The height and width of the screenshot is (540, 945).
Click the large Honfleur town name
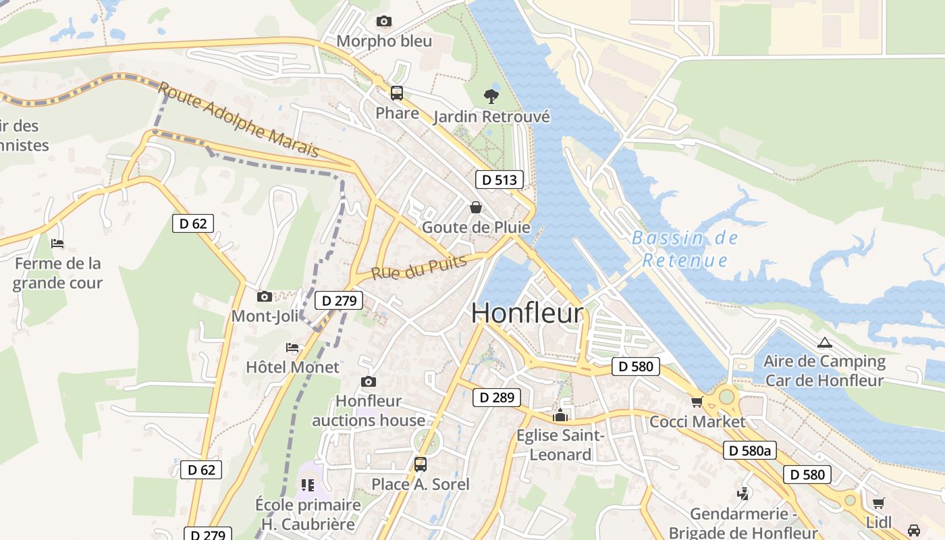[526, 313]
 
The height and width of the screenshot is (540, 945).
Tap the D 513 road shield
[500, 180]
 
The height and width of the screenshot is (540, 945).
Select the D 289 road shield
[496, 398]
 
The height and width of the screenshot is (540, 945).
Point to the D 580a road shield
[750, 450]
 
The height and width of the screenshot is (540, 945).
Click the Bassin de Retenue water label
[685, 249]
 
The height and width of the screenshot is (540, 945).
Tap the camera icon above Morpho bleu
[384, 22]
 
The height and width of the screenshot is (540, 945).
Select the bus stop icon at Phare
[397, 93]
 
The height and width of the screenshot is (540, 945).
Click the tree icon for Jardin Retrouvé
[491, 97]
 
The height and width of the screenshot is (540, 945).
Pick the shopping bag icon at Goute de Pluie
[476, 207]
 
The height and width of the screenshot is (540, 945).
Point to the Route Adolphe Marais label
[238, 119]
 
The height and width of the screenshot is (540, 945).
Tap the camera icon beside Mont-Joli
[265, 296]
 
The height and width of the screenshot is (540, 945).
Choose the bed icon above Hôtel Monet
[292, 348]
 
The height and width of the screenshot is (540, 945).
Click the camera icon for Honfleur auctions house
[369, 381]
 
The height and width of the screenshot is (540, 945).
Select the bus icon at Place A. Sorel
[421, 464]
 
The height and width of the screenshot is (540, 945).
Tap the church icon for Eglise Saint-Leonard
[560, 416]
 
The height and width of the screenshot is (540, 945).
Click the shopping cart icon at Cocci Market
[697, 402]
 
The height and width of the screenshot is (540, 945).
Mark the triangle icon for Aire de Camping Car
[823, 342]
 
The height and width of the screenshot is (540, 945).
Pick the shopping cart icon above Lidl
[878, 503]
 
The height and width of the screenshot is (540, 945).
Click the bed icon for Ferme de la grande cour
[57, 244]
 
